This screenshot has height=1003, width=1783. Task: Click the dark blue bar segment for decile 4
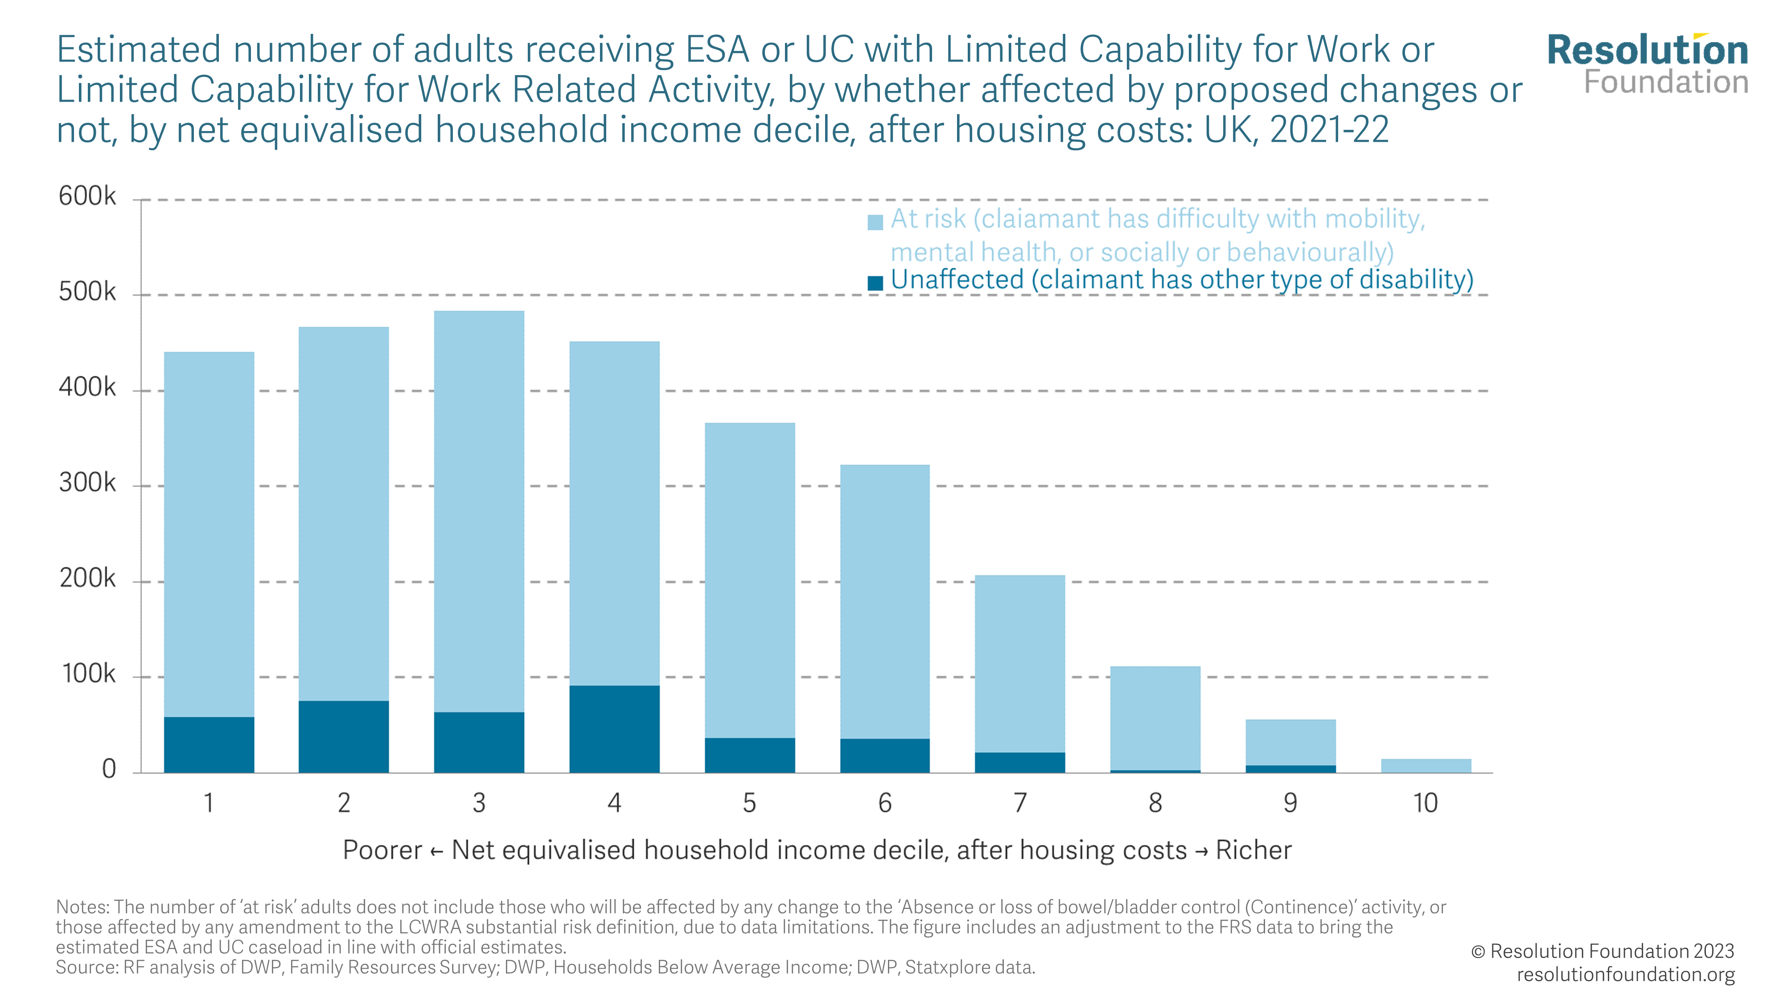pyautogui.click(x=614, y=729)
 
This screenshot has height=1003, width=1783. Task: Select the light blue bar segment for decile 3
pyautogui.click(x=479, y=511)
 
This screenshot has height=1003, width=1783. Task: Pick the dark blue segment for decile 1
pyautogui.click(x=209, y=745)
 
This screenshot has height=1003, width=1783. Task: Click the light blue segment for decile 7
pyautogui.click(x=1019, y=663)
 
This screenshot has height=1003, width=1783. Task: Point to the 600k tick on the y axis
pyautogui.click(x=87, y=197)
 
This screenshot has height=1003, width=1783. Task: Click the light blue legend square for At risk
pyautogui.click(x=875, y=222)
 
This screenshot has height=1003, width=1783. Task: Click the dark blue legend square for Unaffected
pyautogui.click(x=875, y=283)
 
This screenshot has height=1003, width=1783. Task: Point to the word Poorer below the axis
pyautogui.click(x=382, y=850)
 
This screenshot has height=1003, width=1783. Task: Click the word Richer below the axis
pyautogui.click(x=1253, y=850)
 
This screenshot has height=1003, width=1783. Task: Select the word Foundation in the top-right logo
pyautogui.click(x=1666, y=82)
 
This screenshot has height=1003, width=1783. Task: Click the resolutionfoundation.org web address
pyautogui.click(x=1625, y=974)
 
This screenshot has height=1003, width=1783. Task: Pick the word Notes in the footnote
pyautogui.click(x=82, y=908)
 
